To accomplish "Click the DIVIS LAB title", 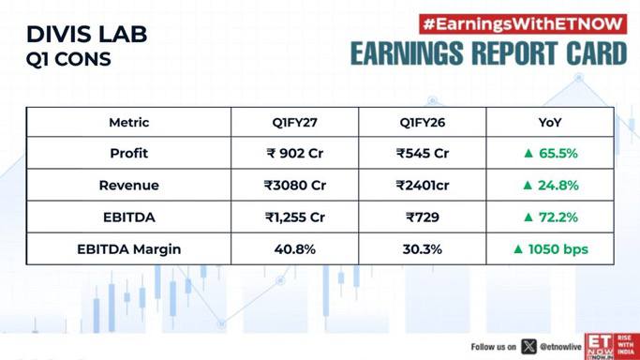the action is click(x=86, y=35).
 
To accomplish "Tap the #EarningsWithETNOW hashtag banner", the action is click(x=523, y=24).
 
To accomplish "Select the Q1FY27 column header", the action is click(x=294, y=123).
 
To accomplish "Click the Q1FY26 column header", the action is click(x=423, y=123).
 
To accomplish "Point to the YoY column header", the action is click(x=550, y=123).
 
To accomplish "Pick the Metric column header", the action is click(x=129, y=123).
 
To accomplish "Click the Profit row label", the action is click(x=129, y=154).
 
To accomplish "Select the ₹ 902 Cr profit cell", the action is click(x=294, y=154).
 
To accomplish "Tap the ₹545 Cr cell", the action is click(x=423, y=154).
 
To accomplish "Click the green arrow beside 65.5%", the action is click(x=528, y=154).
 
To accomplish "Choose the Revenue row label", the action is click(x=129, y=186).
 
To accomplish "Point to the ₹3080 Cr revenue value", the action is click(x=294, y=186).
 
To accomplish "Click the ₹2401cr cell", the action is click(x=423, y=186).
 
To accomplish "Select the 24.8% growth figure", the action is click(x=558, y=186).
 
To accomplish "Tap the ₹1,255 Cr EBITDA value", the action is click(x=294, y=217).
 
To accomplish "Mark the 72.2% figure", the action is click(x=558, y=217).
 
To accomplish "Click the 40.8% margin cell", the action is click(x=294, y=249).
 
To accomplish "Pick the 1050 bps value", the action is click(x=558, y=249).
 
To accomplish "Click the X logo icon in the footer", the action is click(x=528, y=347).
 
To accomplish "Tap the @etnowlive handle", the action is click(x=560, y=347).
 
